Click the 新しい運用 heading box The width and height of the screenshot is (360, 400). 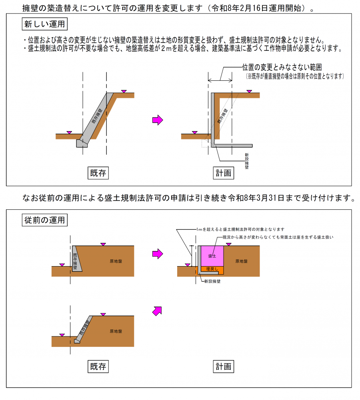click(x=44, y=24)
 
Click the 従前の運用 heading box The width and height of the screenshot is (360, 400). click(x=44, y=220)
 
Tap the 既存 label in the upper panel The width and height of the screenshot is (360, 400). click(x=98, y=173)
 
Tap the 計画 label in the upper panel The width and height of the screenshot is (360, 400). click(x=224, y=173)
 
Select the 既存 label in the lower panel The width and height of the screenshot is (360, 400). click(x=98, y=366)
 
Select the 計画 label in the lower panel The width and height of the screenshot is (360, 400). click(x=224, y=366)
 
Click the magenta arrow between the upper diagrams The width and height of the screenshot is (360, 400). click(x=158, y=120)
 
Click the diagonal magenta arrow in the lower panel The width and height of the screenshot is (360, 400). click(x=158, y=310)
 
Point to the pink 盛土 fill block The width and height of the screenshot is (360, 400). click(x=212, y=256)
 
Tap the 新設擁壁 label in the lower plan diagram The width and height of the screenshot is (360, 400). click(x=212, y=281)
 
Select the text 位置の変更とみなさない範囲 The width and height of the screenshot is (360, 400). click(x=282, y=68)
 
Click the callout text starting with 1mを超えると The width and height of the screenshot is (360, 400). click(x=240, y=229)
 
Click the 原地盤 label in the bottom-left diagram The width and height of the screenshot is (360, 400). click(x=116, y=331)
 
